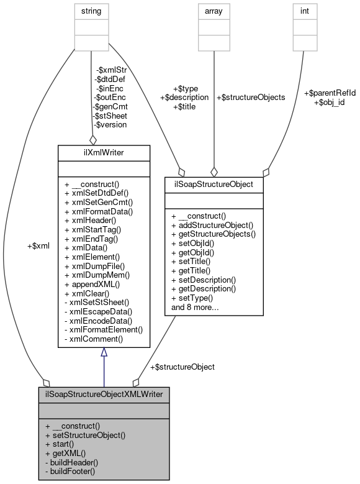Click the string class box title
(91, 11)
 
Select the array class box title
(214, 11)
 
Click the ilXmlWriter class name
(104, 152)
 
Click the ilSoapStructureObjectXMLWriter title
(104, 394)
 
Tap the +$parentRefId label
(330, 93)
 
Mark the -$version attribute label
(109, 124)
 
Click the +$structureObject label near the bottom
(182, 367)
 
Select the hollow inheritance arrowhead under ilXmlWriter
(104, 352)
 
